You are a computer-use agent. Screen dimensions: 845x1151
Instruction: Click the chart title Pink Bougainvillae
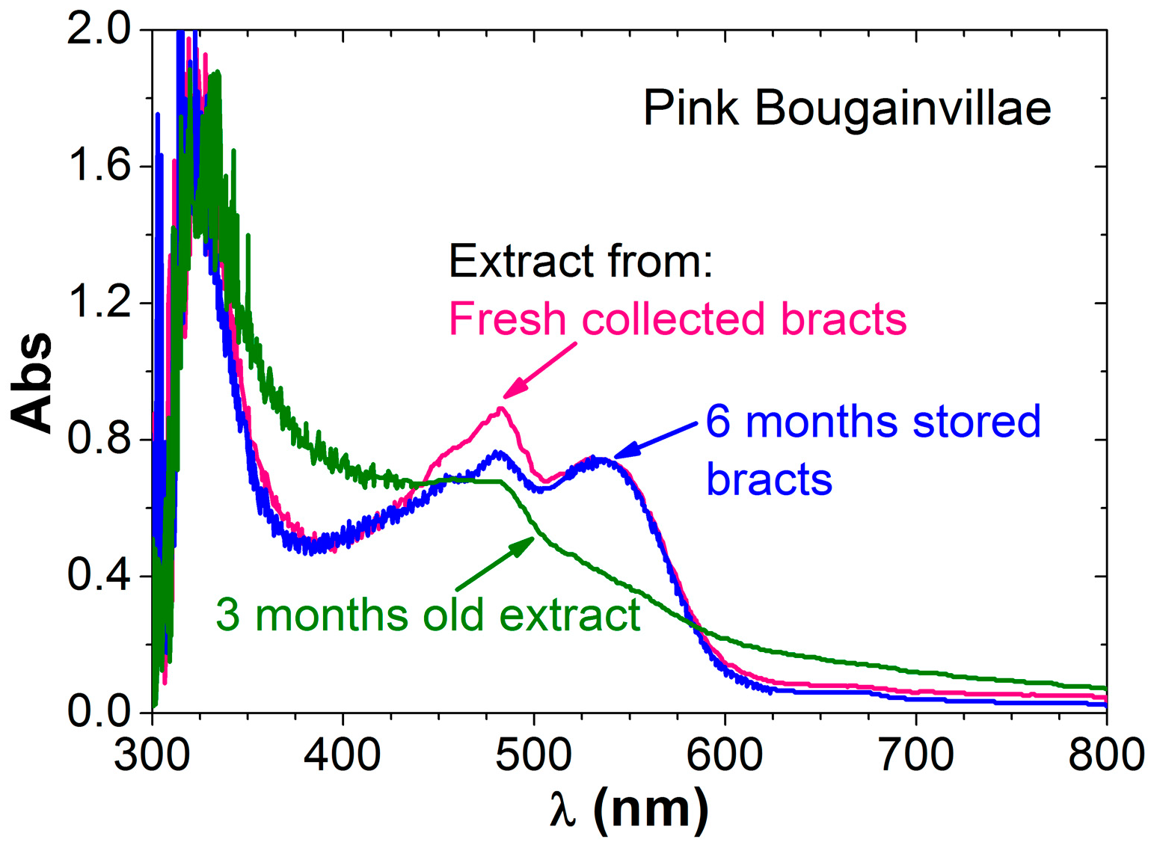point(847,108)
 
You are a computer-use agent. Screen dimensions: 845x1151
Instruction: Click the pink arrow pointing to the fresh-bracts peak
point(540,370)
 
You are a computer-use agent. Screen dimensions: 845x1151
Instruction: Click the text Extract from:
point(580,262)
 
